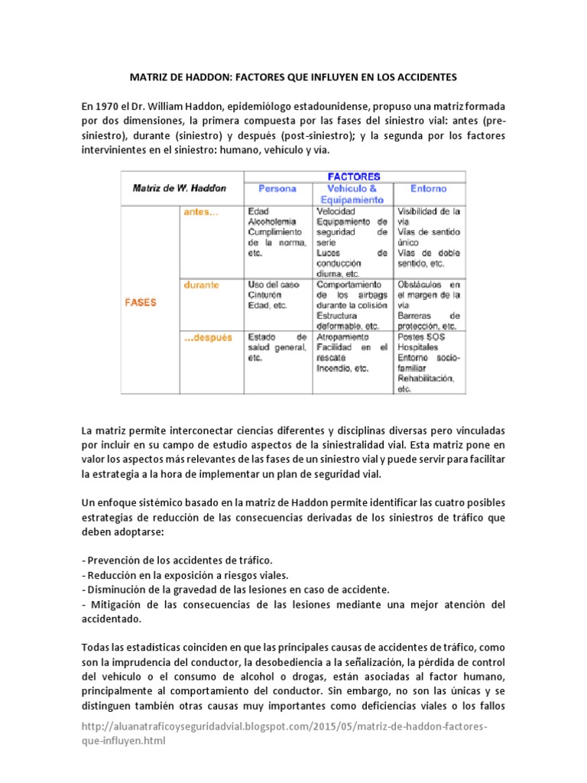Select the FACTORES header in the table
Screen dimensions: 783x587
click(x=354, y=175)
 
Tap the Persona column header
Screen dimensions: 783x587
click(x=277, y=188)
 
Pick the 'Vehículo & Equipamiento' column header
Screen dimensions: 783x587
click(x=352, y=193)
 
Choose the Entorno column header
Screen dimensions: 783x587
click(x=429, y=188)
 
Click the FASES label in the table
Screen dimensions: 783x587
click(x=141, y=302)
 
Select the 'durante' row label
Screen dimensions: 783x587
click(x=200, y=285)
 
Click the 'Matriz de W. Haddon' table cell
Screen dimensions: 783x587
click(x=180, y=188)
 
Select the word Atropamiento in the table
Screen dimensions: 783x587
click(x=346, y=336)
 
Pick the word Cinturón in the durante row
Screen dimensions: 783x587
click(x=266, y=294)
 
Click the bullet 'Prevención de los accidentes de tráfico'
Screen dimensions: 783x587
click(x=177, y=560)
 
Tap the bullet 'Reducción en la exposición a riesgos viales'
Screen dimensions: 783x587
click(x=186, y=575)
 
